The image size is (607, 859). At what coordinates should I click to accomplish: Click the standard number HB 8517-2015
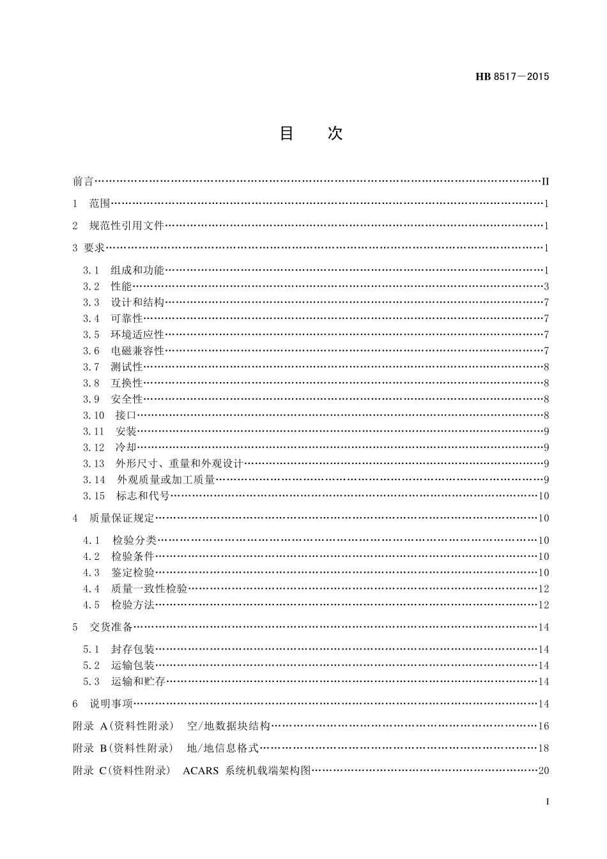coord(512,77)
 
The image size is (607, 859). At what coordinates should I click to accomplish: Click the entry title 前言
coord(83,182)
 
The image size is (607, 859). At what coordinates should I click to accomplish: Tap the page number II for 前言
coord(545,182)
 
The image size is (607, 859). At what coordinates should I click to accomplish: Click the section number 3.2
coord(91,286)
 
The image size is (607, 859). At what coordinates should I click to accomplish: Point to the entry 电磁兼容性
coord(137,351)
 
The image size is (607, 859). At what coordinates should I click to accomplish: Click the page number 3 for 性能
coord(546,286)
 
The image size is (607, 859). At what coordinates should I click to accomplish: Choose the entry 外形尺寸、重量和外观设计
coord(180,464)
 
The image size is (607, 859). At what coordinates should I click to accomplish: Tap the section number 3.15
coord(93,496)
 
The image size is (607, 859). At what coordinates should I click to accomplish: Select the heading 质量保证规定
coord(121,518)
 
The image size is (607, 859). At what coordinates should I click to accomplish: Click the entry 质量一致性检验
coord(149,589)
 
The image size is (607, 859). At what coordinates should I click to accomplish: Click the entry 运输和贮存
coord(138,682)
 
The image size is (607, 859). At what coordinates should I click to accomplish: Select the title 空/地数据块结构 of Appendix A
coord(229,726)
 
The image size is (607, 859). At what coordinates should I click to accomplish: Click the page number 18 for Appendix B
coord(544,748)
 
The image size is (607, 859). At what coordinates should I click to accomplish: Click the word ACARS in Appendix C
coord(200,771)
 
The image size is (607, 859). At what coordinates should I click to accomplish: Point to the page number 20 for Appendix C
coord(544,771)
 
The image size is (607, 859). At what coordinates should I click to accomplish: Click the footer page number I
coord(548,801)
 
